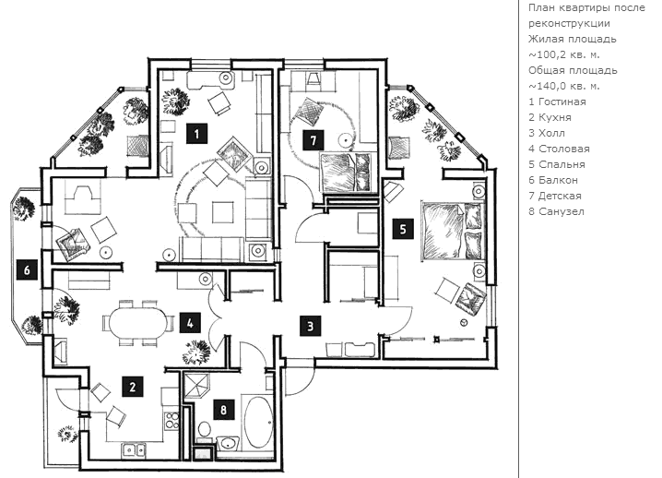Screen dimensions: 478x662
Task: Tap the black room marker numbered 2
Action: [133, 388]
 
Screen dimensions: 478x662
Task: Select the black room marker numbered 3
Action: [312, 324]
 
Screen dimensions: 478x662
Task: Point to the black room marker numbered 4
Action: [189, 323]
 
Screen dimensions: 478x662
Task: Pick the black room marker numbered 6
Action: [28, 270]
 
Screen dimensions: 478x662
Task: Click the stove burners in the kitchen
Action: [171, 423]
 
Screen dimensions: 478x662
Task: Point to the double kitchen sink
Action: [135, 449]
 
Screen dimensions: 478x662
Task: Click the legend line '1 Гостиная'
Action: [557, 102]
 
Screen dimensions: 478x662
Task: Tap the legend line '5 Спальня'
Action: [557, 164]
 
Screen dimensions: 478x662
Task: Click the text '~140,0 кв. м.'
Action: [564, 86]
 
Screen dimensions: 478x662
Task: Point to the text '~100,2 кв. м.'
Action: [564, 54]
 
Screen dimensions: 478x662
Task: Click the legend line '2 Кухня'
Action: [550, 117]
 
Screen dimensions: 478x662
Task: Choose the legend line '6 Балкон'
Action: [553, 180]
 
